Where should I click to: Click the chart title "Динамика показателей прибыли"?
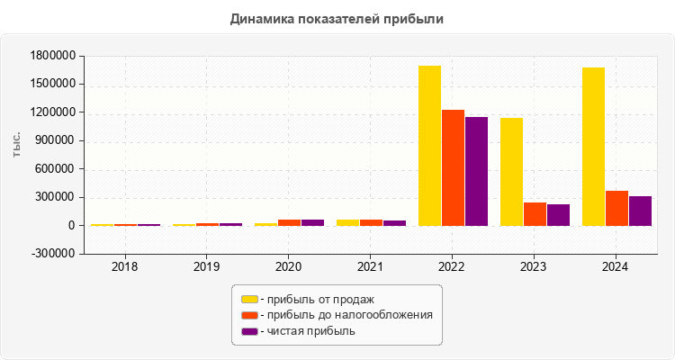(x=337, y=18)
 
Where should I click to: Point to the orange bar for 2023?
(x=535, y=214)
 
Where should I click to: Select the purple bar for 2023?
(x=558, y=215)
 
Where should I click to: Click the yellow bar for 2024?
(x=593, y=147)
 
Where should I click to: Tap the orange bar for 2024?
(x=616, y=208)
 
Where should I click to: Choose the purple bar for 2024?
(x=640, y=211)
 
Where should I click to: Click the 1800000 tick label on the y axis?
(x=52, y=56)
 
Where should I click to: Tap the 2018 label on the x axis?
(x=124, y=267)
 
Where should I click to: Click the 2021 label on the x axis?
(x=370, y=267)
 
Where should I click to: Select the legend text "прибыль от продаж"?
(x=319, y=299)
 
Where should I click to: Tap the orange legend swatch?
(x=249, y=315)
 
